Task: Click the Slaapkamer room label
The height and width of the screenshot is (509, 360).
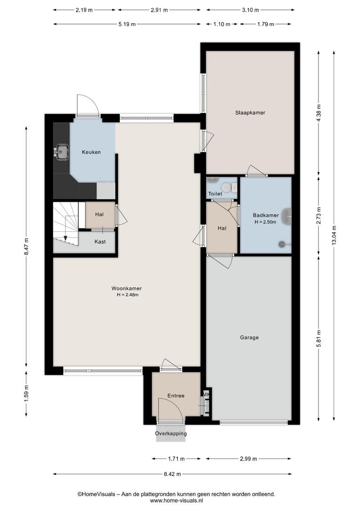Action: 250,113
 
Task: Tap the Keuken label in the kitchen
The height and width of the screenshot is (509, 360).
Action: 91,152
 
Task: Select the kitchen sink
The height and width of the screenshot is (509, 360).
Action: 61,152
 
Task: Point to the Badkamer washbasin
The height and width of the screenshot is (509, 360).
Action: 287,216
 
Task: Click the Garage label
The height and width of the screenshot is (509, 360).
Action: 249,337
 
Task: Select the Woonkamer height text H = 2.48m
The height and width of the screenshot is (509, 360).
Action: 128,295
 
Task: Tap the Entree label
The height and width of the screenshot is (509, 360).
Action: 176,396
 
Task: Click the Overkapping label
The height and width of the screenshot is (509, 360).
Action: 171,434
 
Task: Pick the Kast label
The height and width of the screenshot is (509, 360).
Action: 100,241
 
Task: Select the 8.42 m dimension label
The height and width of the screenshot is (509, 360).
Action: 172,474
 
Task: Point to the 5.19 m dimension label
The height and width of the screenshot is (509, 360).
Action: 127,24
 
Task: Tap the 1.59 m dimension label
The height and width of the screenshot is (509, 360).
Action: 26,393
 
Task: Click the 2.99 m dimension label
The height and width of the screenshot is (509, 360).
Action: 248,459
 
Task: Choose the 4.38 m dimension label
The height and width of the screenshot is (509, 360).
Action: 319,113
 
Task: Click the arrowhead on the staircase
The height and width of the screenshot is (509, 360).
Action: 65,238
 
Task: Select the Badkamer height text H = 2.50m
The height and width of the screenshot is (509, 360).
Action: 266,222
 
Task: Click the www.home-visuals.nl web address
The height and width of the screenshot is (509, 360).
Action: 177,501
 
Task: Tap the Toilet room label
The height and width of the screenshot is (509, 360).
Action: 215,194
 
